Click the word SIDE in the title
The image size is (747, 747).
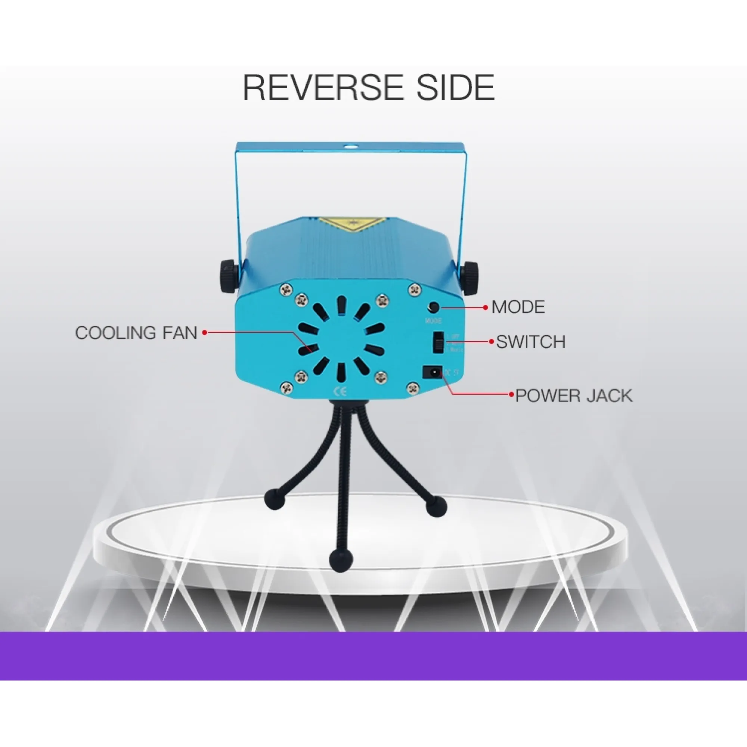click(x=455, y=87)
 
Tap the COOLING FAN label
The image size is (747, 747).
click(x=136, y=333)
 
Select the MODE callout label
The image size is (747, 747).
click(x=518, y=307)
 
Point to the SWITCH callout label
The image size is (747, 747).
click(x=530, y=342)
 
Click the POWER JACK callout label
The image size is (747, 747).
click(x=574, y=396)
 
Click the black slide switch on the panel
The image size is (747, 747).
click(x=438, y=342)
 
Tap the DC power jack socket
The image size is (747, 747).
click(x=433, y=372)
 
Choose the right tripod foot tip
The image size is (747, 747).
click(x=436, y=506)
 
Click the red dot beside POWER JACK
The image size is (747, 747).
click(x=511, y=395)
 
